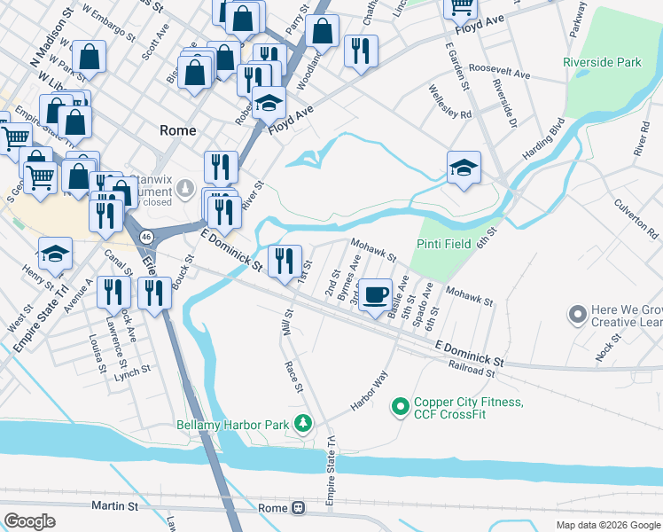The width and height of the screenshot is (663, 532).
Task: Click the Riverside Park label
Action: pyautogui.click(x=602, y=63)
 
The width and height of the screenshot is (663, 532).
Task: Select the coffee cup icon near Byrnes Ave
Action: pyautogui.click(x=376, y=294)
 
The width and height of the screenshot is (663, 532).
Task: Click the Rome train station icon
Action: pyautogui.click(x=298, y=508)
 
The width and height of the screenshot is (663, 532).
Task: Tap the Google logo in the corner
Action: pyautogui.click(x=29, y=520)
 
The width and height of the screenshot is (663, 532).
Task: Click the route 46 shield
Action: pyautogui.click(x=146, y=237)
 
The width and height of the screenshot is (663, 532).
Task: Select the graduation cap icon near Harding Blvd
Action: pyautogui.click(x=464, y=167)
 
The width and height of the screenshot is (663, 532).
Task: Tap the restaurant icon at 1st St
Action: pyautogui.click(x=285, y=259)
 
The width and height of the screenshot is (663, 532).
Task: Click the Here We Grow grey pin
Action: pyautogui.click(x=578, y=314)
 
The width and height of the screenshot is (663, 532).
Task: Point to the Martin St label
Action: pyautogui.click(x=115, y=506)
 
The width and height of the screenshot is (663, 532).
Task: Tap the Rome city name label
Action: pyautogui.click(x=177, y=129)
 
